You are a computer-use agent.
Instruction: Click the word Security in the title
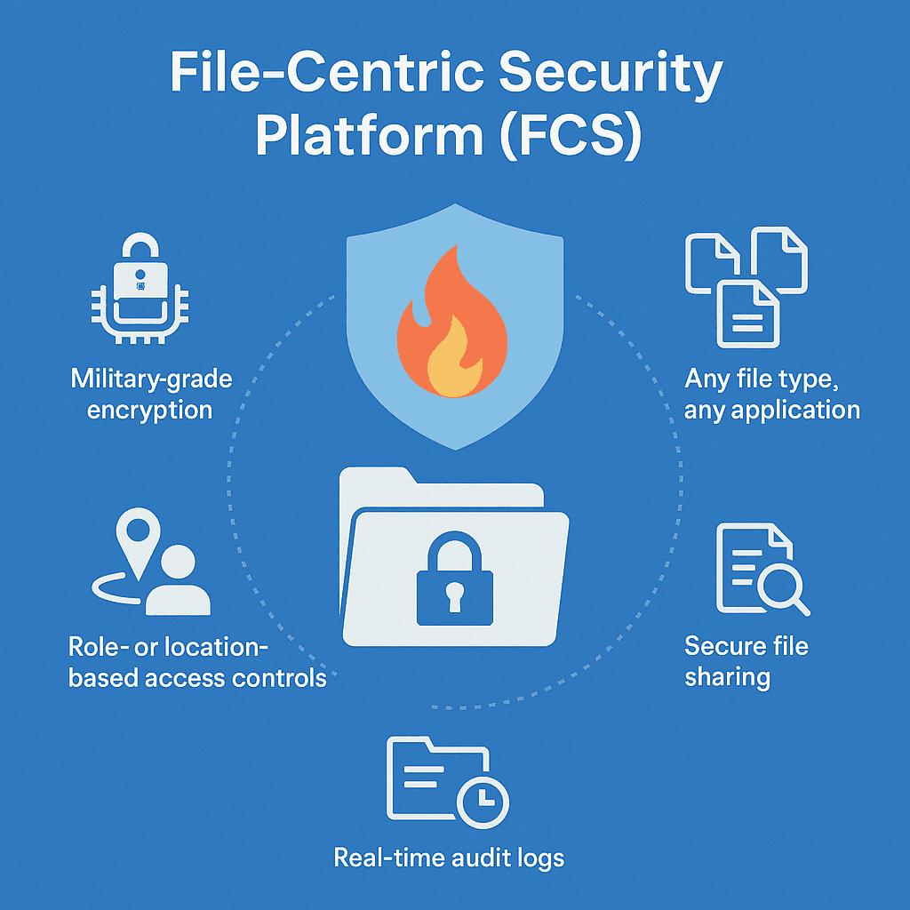(611, 75)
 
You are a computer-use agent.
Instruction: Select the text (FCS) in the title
(571, 137)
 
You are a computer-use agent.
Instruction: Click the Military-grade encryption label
(151, 395)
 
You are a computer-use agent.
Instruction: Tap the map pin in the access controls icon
(138, 543)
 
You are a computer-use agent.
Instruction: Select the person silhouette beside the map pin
(178, 580)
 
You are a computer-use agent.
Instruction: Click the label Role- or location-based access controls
(197, 662)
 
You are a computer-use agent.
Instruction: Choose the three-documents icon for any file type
(746, 287)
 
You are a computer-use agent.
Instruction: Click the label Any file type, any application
(772, 395)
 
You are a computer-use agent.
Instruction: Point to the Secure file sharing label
(746, 662)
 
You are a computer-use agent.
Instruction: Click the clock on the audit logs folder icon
(483, 802)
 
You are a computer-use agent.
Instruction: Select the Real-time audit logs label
(449, 858)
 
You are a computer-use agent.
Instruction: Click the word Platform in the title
(370, 137)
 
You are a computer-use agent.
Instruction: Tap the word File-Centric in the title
(327, 72)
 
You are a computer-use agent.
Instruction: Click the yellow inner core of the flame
(455, 359)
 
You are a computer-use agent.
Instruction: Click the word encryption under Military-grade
(149, 411)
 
